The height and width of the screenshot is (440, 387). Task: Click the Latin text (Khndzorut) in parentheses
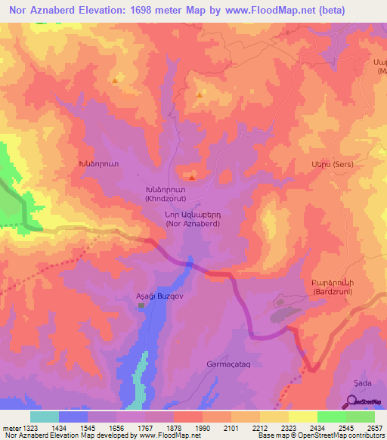tap(172, 198)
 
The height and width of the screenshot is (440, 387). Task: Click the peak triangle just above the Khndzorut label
tap(192, 178)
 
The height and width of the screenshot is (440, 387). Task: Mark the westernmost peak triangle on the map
tap(114, 80)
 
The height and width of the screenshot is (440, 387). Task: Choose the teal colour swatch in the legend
tap(45, 417)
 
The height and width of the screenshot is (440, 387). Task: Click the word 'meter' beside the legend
tap(11, 428)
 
